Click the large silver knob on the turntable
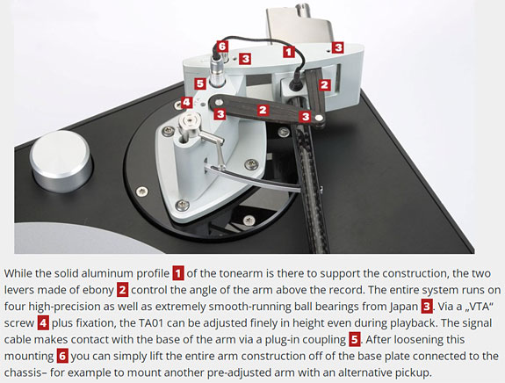click(x=61, y=161)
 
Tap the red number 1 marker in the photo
click(x=289, y=52)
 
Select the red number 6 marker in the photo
click(x=222, y=47)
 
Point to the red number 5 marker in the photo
click(x=200, y=83)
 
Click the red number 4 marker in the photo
click(x=187, y=103)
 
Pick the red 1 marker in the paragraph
click(x=178, y=273)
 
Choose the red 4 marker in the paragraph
click(x=43, y=323)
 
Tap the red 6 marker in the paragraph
click(x=62, y=356)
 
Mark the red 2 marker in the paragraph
click(x=122, y=290)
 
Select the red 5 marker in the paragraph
click(x=354, y=339)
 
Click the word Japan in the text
click(x=403, y=307)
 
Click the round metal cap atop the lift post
click(x=189, y=122)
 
